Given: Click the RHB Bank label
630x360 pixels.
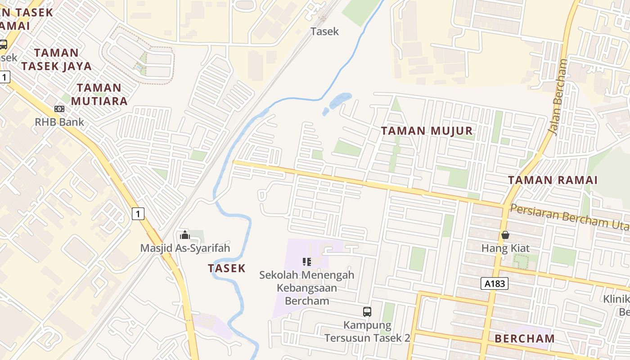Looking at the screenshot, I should (59, 122).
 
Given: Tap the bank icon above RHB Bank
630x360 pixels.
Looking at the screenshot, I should (59, 109).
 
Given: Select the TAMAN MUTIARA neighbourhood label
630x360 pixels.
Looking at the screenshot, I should (99, 94).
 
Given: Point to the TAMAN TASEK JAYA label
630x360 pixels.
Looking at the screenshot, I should (56, 59).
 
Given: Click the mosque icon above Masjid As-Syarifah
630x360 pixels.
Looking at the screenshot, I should (184, 235).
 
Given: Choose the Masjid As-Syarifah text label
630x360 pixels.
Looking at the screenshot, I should (185, 248).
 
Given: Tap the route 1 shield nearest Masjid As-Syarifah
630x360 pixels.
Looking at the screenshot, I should (138, 213).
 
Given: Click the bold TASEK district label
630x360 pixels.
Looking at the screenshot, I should (227, 268).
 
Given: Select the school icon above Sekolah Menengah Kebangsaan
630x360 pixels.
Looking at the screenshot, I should (307, 261).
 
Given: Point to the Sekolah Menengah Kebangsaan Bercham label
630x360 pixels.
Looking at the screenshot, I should (307, 288).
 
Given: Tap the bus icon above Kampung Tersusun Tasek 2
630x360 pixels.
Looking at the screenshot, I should (367, 311).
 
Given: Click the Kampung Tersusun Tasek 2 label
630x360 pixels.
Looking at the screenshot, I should (367, 331).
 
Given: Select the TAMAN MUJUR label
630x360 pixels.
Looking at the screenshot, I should (427, 131).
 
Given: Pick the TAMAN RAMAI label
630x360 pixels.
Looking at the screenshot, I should (553, 180).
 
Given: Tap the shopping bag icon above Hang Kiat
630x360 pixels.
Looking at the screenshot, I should (505, 235).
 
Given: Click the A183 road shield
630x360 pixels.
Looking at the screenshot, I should (495, 283).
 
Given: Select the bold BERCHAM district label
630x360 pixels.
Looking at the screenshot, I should (524, 338).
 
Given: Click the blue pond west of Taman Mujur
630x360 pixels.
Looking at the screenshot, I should (340, 101).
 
